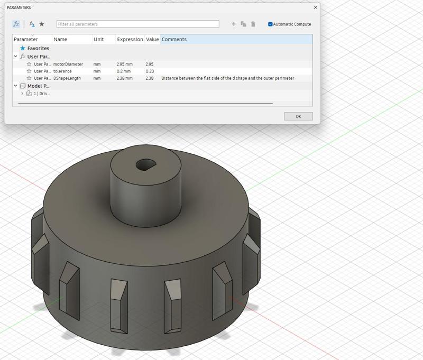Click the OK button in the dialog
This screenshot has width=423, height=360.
pos(298,116)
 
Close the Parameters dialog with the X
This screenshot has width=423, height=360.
pos(316,7)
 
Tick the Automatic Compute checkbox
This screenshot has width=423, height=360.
pos(270,24)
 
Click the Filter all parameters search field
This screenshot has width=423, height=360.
pos(137,24)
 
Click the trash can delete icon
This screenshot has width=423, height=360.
pos(253,24)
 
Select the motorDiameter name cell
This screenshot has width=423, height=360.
pos(68,64)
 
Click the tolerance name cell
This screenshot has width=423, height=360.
pos(62,71)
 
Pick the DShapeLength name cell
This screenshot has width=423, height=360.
pos(67,78)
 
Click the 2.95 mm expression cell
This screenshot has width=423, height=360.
pos(124,64)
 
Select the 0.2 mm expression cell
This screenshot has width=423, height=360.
pos(124,71)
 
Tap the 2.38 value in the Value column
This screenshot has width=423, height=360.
pos(150,78)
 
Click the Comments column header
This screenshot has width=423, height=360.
pos(174,40)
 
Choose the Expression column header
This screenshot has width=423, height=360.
pos(130,40)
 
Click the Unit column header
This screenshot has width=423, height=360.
pos(98,40)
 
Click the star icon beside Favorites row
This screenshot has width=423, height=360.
pos(23,48)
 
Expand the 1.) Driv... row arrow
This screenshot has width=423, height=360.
pos(22,94)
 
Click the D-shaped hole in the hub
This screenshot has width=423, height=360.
pos(145,165)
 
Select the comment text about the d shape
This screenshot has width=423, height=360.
pos(227,78)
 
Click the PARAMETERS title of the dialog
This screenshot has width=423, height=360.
pos(19,7)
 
